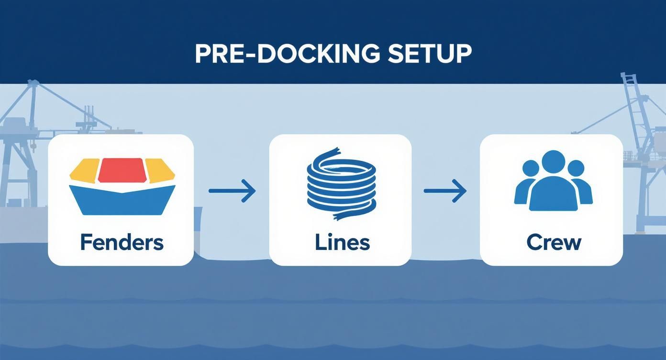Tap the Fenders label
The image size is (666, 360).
coord(122,242)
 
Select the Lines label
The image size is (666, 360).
coord(342,242)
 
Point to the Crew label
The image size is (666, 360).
coord(554,242)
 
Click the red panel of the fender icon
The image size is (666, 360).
coord(122,170)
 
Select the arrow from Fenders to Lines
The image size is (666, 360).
coord(232,191)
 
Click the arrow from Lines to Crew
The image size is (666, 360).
coord(445,191)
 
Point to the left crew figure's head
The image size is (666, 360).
coord(531,169)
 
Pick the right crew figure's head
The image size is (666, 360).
coord(576,169)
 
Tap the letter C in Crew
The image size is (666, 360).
coord(533,243)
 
